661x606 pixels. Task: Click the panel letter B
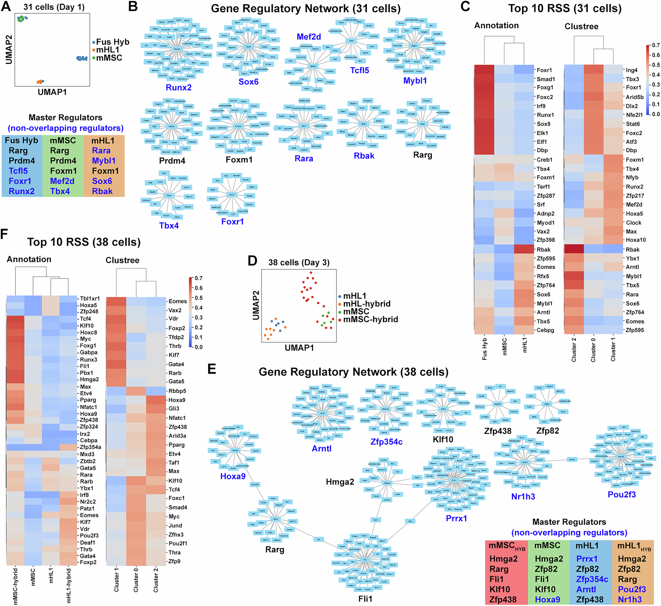[133, 7]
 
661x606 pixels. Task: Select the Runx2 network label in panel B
[178, 88]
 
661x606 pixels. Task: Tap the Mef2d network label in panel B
[308, 37]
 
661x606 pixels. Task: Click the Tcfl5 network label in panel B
[359, 70]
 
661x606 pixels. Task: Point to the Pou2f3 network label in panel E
[621, 494]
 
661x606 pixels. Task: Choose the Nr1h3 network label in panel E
[523, 496]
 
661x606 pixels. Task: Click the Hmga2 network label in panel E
[340, 482]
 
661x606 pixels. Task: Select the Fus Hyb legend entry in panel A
[112, 42]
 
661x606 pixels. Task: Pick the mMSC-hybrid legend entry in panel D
[370, 319]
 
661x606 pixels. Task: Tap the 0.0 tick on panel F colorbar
[198, 347]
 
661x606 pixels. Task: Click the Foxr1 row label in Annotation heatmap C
[544, 70]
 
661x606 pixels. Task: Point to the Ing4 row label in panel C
[631, 70]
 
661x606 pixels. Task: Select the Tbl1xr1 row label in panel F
[90, 298]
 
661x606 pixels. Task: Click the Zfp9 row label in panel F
[174, 561]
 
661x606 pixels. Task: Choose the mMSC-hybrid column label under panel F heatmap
[15, 587]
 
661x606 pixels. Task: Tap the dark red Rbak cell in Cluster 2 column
[574, 249]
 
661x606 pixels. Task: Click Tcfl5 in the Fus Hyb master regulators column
[18, 171]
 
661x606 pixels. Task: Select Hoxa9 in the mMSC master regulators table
[547, 599]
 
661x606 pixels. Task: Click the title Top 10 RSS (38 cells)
[84, 242]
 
